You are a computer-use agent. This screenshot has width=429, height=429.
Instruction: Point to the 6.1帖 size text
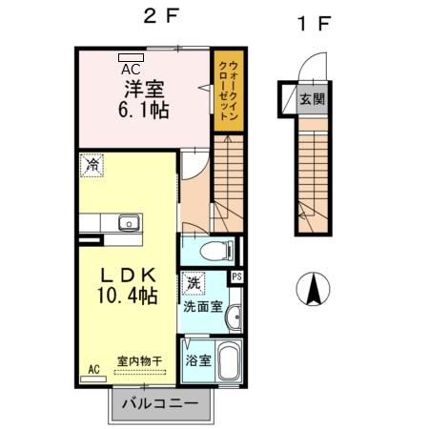[145, 111]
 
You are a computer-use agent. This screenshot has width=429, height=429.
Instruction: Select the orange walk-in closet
[225, 92]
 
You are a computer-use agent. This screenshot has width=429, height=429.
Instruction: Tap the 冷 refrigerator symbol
[92, 165]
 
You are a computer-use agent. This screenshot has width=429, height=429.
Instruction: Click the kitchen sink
[129, 224]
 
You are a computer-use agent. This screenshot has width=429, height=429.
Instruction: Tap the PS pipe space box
[236, 277]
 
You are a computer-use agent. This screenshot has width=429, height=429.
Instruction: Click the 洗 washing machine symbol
[194, 283]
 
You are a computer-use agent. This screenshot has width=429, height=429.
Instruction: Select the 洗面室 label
[203, 308]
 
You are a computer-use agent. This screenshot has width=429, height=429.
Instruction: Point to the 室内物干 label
[138, 361]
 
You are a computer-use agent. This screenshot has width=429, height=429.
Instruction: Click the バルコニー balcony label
[160, 404]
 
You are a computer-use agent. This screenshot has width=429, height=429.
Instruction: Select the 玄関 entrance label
[311, 98]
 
